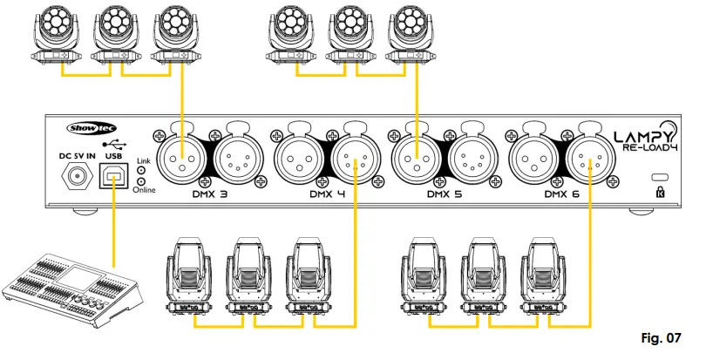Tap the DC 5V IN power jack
point(75,176)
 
